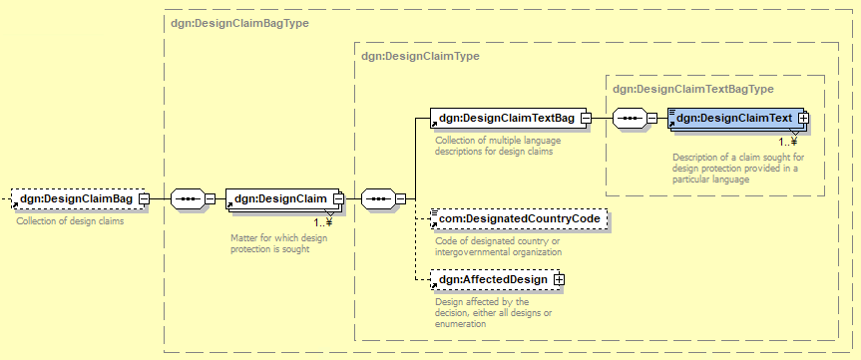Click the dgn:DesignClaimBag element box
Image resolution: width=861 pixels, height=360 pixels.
coord(80,198)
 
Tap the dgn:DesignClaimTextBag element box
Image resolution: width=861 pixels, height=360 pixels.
coord(511,118)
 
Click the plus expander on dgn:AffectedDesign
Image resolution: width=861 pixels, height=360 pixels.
coord(560,280)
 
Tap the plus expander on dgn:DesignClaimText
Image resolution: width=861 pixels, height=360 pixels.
coord(804,118)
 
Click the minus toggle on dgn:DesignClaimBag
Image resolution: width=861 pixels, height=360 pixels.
coord(144,198)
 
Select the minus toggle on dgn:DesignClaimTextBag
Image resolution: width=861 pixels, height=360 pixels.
coord(586,118)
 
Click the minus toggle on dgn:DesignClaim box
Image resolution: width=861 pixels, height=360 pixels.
coord(339,198)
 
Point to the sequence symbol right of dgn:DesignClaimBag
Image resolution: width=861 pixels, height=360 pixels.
coord(188,198)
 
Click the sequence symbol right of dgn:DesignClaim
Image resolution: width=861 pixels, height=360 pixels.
coord(378,198)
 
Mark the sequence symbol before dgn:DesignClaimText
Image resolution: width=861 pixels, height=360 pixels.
coord(630,118)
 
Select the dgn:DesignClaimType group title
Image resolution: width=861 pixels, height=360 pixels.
coord(420,56)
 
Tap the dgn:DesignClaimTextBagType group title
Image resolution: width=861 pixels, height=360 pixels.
coord(693,89)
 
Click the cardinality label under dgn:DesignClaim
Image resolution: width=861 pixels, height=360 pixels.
coord(323,222)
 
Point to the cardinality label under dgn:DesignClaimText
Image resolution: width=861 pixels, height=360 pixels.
coord(788,142)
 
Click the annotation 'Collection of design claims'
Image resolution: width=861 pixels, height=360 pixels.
coord(70,221)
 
